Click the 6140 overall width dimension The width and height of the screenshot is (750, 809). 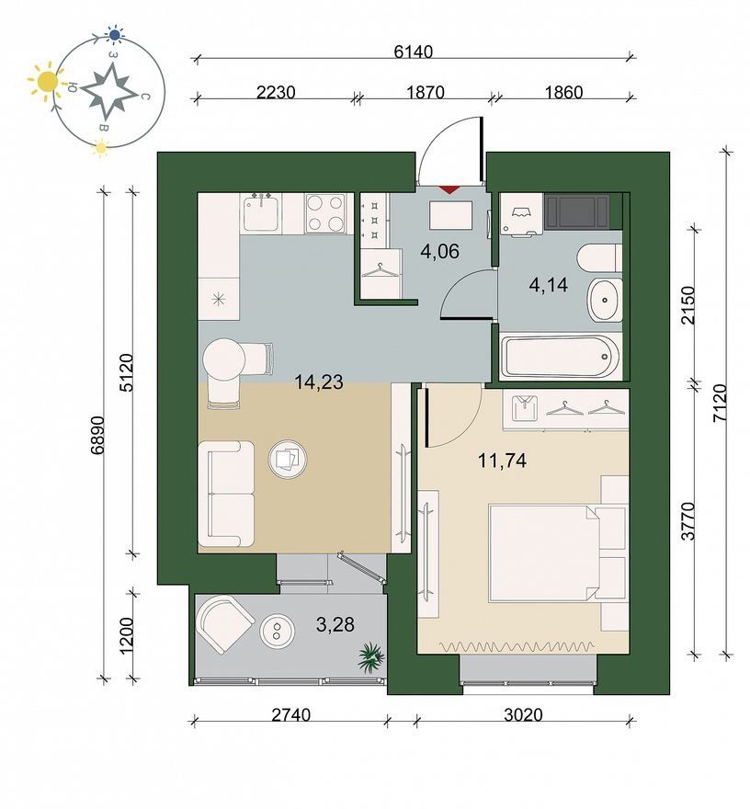(x=413, y=51)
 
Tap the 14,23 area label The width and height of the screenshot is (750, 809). (x=318, y=382)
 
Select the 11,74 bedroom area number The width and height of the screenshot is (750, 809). (x=502, y=461)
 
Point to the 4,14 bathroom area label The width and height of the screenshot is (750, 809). (x=548, y=284)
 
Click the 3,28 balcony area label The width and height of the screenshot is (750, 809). (x=335, y=624)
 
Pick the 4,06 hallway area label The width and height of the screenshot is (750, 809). (x=439, y=252)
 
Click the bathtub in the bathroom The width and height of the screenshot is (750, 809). (x=561, y=357)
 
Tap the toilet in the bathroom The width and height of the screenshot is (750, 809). (x=599, y=258)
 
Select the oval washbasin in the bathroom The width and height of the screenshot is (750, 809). (x=606, y=300)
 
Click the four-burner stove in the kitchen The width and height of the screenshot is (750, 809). (x=325, y=213)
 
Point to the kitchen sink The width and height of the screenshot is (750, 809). (x=263, y=212)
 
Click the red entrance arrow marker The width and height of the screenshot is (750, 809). (x=449, y=188)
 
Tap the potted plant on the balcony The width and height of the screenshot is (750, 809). (x=371, y=656)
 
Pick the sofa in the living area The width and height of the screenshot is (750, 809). (x=226, y=494)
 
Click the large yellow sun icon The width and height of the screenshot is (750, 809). (x=48, y=82)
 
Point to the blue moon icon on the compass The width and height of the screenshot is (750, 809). (x=115, y=35)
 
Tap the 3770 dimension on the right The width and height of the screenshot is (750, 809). (x=687, y=521)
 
